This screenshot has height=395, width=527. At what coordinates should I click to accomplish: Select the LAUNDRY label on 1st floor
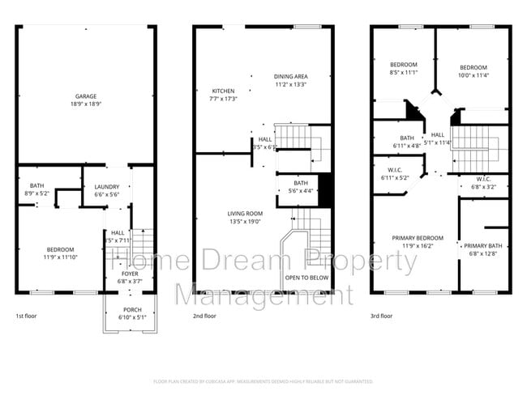[106, 186]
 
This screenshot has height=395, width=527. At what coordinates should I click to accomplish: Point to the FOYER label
[130, 274]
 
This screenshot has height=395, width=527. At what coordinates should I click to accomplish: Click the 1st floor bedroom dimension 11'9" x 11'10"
[60, 257]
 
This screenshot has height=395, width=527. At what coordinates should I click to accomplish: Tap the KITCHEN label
[224, 90]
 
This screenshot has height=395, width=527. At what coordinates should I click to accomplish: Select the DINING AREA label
[289, 76]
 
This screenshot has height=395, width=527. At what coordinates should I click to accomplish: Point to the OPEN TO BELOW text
[306, 278]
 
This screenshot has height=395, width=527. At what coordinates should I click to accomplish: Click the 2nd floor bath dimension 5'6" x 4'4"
[300, 191]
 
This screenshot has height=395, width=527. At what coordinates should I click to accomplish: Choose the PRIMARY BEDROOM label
[414, 237]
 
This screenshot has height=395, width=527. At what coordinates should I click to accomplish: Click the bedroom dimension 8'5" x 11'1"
[403, 73]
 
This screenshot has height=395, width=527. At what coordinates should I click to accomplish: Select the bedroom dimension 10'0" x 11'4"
[473, 75]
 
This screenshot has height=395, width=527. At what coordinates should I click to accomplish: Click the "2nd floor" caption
[204, 316]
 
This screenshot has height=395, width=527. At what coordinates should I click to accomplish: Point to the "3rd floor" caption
[381, 316]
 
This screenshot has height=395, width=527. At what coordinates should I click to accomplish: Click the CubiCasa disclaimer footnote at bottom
[263, 380]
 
